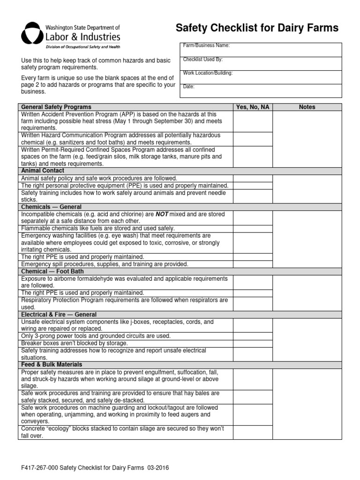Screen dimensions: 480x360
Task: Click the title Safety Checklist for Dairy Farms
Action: (x=257, y=29)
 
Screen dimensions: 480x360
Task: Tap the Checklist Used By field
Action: (x=261, y=63)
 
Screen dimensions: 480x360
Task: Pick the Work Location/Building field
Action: (x=261, y=77)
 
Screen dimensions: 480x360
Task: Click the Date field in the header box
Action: (x=261, y=90)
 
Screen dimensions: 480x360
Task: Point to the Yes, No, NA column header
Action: (x=253, y=107)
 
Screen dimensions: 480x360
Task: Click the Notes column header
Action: (x=307, y=107)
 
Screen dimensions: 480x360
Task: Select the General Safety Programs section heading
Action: (x=56, y=107)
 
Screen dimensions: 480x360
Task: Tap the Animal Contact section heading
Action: (x=43, y=171)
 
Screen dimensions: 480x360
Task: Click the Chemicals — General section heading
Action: (x=52, y=207)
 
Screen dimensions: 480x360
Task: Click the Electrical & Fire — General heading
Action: (x=59, y=315)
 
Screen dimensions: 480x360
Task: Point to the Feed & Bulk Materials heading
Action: (x=52, y=364)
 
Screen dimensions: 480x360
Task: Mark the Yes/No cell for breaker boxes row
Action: (x=253, y=343)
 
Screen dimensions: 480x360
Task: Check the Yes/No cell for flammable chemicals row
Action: (x=253, y=228)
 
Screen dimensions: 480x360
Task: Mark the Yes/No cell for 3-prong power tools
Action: (x=253, y=336)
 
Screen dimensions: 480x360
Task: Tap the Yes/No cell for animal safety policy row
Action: (x=253, y=178)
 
